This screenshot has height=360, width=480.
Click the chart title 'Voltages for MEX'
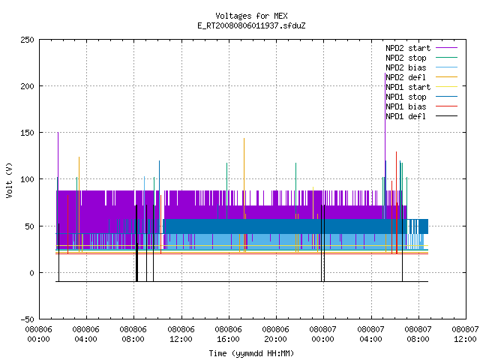click(x=251, y=16)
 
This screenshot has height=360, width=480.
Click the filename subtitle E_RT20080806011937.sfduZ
click(x=251, y=25)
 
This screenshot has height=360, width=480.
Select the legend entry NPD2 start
click(x=408, y=48)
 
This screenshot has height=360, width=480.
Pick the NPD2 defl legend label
click(x=406, y=77)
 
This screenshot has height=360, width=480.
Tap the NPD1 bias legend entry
click(x=406, y=106)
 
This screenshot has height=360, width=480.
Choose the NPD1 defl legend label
click(x=406, y=116)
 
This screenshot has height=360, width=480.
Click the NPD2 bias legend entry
click(x=406, y=67)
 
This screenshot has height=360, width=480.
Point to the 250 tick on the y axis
click(x=27, y=40)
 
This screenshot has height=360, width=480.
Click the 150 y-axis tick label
click(x=27, y=133)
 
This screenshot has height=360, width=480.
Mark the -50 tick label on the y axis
click(x=27, y=319)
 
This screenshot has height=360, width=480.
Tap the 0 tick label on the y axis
click(x=31, y=273)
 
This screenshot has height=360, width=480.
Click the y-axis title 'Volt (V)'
click(x=9, y=180)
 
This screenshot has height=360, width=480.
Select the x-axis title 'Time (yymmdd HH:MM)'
click(x=251, y=353)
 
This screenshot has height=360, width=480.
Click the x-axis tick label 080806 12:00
click(x=181, y=334)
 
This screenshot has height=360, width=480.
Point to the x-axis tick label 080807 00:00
click(x=323, y=334)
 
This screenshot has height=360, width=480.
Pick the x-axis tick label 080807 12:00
click(x=465, y=334)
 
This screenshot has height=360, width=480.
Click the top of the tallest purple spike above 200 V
click(x=385, y=73)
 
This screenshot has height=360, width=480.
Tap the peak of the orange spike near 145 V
click(x=244, y=138)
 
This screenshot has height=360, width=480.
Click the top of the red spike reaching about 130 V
click(x=396, y=151)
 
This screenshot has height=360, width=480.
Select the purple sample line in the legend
click(x=447, y=48)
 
